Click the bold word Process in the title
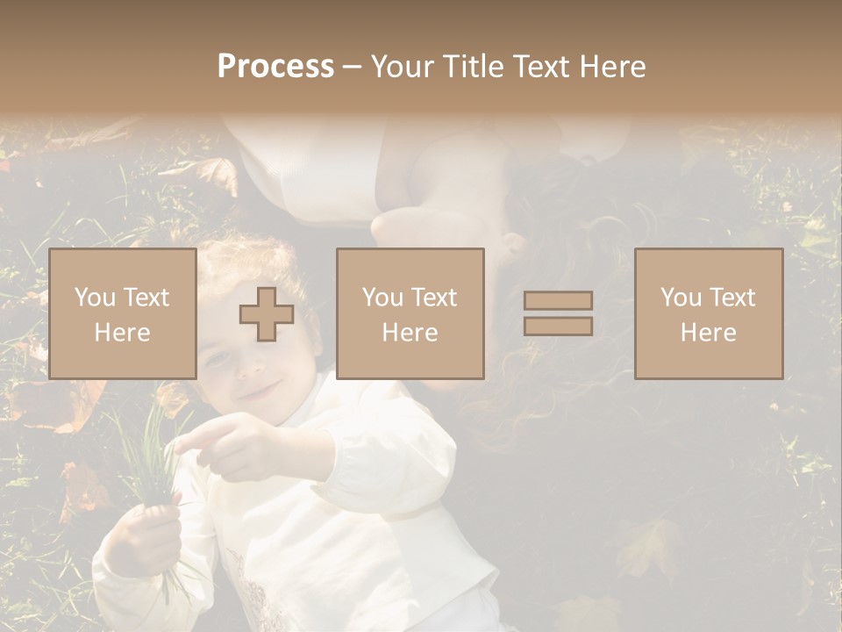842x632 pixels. click(x=275, y=67)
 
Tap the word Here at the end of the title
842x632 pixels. click(x=610, y=67)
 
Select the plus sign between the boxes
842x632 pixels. click(x=267, y=313)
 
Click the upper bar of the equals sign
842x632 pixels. click(x=558, y=300)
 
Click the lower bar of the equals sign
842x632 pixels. click(x=558, y=327)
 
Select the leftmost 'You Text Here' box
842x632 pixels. click(x=122, y=313)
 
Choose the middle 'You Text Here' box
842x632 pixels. click(x=410, y=313)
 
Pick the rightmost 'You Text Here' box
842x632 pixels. click(x=708, y=313)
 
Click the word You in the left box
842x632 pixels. click(x=95, y=298)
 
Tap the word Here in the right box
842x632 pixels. click(x=708, y=333)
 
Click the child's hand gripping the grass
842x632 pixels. click(x=145, y=531)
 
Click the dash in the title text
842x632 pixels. click(x=353, y=67)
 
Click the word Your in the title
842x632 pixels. click(x=404, y=67)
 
